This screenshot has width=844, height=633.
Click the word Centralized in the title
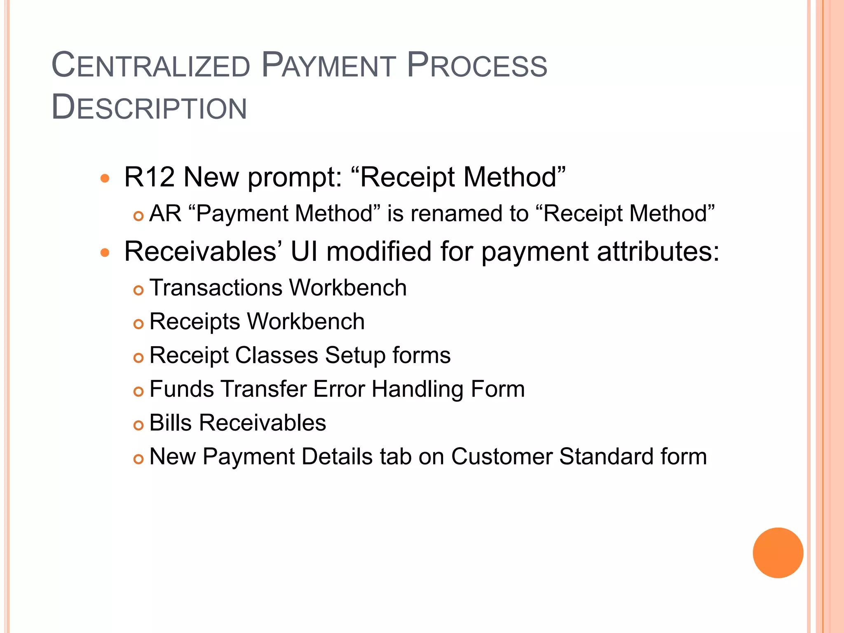point(151,66)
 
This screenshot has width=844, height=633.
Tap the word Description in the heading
point(149,108)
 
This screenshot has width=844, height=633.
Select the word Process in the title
point(477,66)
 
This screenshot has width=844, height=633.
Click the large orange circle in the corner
point(778,553)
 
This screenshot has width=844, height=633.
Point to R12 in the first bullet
point(149,177)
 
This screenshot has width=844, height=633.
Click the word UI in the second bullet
point(304,251)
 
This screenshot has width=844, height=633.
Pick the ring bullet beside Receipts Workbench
point(138,324)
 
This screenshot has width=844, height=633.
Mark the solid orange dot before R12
point(105,178)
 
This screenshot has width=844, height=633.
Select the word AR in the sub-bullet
point(165,213)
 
